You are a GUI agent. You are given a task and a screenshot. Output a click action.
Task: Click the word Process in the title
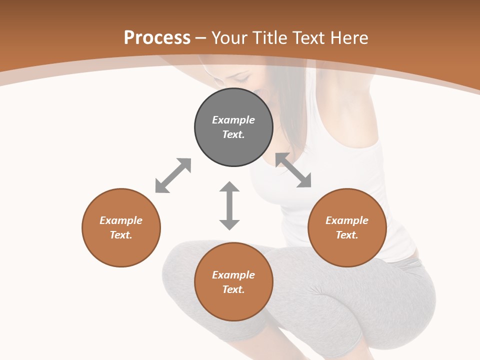[157, 38]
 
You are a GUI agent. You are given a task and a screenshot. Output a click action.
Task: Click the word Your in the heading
[229, 38]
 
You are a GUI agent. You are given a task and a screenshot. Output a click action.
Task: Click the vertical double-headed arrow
[229, 205]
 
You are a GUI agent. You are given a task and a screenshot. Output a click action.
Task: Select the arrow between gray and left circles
[173, 175]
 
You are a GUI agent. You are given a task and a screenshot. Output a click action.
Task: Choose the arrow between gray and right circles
[293, 170]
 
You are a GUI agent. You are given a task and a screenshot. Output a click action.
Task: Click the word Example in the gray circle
[233, 120]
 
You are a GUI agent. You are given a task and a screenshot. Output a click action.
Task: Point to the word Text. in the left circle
[121, 235]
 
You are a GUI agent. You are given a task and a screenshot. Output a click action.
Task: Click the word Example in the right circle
[347, 220]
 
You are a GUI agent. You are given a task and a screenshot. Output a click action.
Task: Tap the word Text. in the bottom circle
[233, 289]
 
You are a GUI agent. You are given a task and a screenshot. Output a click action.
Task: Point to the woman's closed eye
[242, 79]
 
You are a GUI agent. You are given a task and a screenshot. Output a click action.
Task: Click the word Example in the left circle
[121, 220]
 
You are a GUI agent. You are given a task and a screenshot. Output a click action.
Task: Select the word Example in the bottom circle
[233, 275]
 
